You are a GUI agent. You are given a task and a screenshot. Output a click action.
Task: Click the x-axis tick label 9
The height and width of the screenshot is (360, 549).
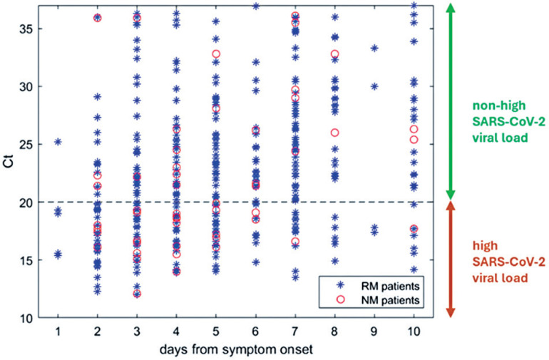point(374,331)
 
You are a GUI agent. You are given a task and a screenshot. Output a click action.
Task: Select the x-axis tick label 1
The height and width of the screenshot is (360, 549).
point(58,331)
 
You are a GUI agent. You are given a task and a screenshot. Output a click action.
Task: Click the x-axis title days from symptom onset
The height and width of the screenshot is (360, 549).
point(236,349)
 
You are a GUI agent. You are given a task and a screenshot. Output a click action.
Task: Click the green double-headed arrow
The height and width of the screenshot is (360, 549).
point(451,101)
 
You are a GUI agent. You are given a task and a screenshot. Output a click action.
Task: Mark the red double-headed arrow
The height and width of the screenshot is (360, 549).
point(451,260)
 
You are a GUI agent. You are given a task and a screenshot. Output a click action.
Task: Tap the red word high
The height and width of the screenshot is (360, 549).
point(485,245)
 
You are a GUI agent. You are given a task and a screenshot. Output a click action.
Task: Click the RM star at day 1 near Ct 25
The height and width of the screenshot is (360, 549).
point(58,142)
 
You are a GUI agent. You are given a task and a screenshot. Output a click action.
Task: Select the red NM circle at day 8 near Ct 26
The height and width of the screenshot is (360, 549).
point(335,133)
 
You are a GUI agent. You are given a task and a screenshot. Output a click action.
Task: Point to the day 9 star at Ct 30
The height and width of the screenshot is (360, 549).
point(374,86)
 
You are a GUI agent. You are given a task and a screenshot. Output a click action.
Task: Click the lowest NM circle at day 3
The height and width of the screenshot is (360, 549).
point(137,294)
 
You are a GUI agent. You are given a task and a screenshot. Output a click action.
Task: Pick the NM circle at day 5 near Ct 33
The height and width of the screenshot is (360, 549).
point(216,54)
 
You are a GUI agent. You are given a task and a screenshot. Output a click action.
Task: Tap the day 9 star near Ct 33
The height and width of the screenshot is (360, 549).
point(374,48)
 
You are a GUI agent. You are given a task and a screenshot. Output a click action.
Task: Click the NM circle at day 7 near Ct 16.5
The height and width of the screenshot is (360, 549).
point(295,241)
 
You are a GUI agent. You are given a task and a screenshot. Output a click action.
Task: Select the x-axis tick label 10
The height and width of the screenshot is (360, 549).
point(414,331)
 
